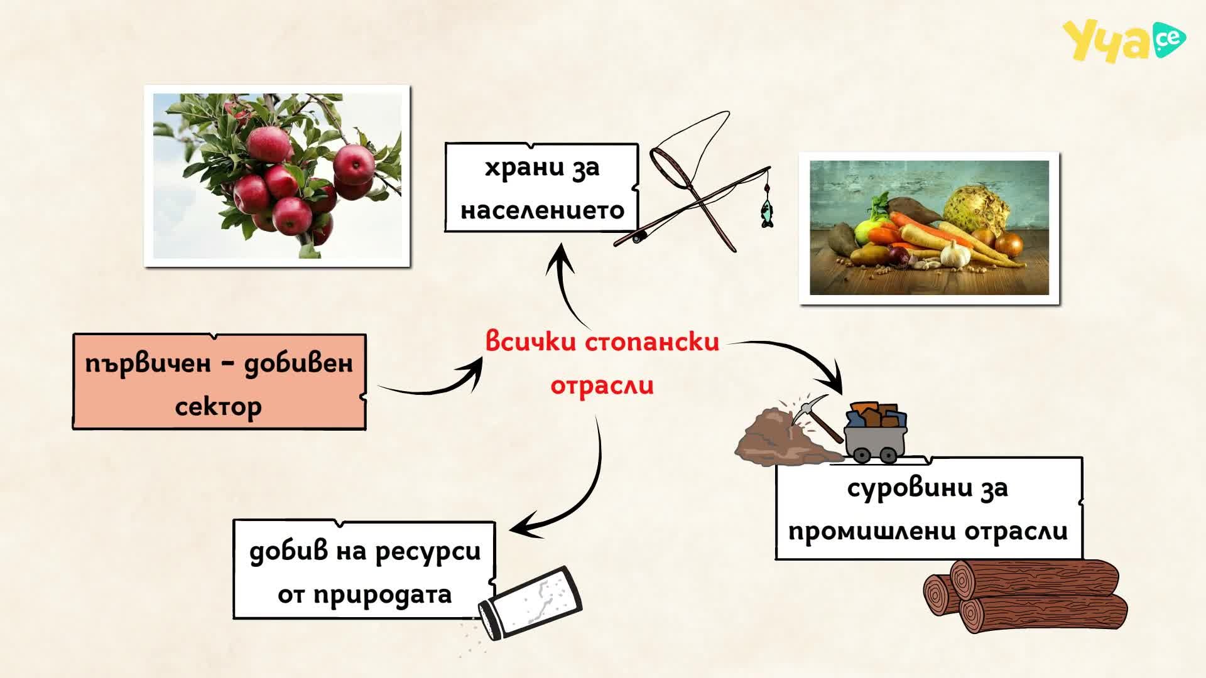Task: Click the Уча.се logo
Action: point(1124,41)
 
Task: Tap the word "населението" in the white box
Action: point(543,210)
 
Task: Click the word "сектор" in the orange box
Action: point(218,407)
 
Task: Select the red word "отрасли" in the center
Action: point(602,385)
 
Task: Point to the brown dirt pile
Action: point(785,436)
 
